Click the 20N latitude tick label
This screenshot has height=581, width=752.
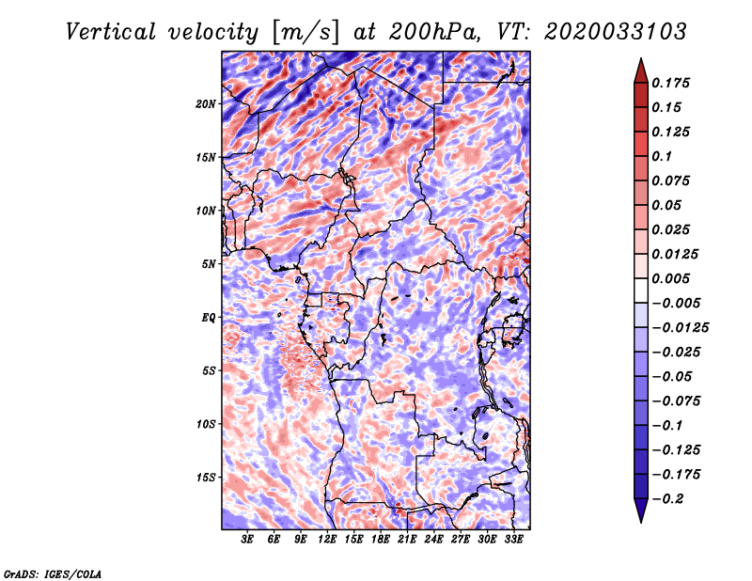coord(206,104)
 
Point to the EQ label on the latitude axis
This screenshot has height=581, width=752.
coord(208,318)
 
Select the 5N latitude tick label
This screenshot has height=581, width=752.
coord(209,264)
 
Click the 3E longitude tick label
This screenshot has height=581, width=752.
coord(247,540)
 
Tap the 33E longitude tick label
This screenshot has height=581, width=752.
coord(513,540)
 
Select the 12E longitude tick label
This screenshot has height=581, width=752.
coord(326,540)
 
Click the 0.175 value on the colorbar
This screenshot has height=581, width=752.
coord(670,83)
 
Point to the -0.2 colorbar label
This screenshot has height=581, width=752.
coord(667,499)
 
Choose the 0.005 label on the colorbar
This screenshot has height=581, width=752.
coord(670,278)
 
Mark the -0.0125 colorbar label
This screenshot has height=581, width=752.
coord(680,328)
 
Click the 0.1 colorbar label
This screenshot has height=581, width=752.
coord(662,156)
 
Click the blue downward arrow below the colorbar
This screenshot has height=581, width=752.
coord(641,510)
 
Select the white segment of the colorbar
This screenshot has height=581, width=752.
coord(641,290)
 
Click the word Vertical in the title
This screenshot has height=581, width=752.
coord(111,32)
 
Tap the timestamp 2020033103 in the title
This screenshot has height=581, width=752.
coord(616,32)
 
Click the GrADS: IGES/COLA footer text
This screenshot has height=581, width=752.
coord(53,573)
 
